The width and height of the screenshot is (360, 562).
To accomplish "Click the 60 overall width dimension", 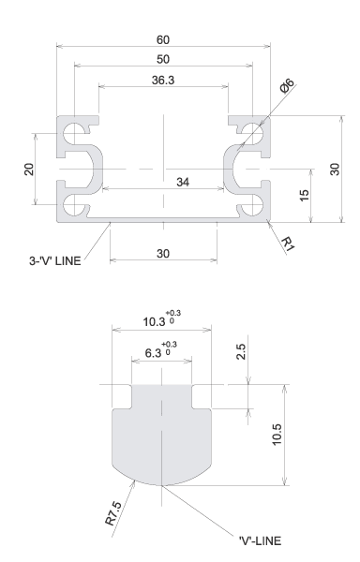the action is [163, 39].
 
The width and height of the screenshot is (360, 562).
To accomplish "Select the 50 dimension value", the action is [163, 59].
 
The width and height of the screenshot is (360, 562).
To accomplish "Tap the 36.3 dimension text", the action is [163, 80].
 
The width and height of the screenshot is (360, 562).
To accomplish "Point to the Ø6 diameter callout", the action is [287, 86].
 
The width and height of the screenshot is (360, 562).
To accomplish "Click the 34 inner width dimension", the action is [183, 182].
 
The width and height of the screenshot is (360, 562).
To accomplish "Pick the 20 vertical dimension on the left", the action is [29, 169].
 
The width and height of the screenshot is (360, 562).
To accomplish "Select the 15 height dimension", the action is [304, 196].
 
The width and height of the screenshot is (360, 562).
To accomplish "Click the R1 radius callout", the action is [288, 244].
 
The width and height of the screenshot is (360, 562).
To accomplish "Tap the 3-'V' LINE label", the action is [55, 260].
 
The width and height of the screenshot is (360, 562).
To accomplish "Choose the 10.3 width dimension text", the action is [154, 322].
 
